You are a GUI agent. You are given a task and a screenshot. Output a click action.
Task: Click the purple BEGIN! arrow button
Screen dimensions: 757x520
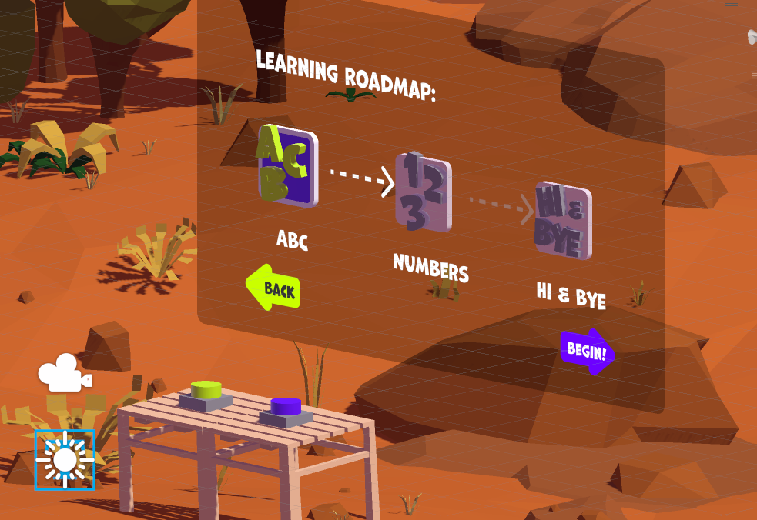coord(588,352)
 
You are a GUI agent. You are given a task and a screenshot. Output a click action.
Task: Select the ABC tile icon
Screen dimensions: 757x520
coord(286,165)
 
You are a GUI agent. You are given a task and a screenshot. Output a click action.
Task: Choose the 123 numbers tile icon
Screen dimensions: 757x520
coord(423,192)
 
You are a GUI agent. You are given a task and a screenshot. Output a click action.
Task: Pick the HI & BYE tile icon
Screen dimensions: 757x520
coord(563,220)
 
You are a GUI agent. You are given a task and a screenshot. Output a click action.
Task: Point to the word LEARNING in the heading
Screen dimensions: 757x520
coord(296,68)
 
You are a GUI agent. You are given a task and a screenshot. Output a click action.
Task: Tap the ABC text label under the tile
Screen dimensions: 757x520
coord(292,239)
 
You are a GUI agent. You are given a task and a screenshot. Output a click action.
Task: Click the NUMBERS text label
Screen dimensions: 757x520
coord(430,268)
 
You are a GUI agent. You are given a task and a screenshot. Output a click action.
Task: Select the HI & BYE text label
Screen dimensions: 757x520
coord(571,295)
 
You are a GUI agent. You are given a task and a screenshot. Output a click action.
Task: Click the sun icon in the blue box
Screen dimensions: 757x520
coord(65,459)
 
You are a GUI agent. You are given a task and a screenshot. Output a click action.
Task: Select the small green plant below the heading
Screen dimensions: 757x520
coord(350,95)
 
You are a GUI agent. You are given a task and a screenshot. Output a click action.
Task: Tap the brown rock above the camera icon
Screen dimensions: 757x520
coord(106,345)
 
